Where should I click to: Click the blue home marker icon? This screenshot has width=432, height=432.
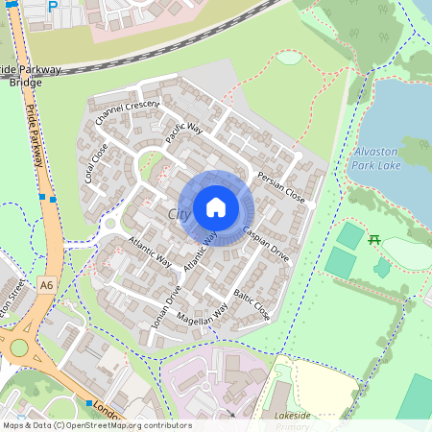point(216,207)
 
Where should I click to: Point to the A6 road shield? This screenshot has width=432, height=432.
point(47,284)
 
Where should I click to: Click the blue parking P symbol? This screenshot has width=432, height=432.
point(53,5)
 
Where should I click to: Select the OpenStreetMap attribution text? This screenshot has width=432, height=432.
point(96,425)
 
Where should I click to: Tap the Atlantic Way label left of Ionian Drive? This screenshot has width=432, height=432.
point(149,253)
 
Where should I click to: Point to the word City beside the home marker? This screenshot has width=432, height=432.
point(179,213)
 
